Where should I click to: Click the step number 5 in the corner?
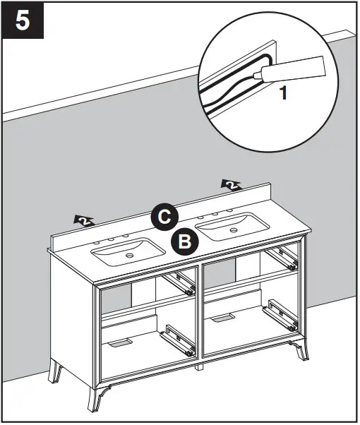pos(23,20)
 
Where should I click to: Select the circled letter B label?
pos(184,242)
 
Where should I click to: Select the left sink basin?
pos(127,251)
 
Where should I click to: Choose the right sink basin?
pos(231,227)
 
